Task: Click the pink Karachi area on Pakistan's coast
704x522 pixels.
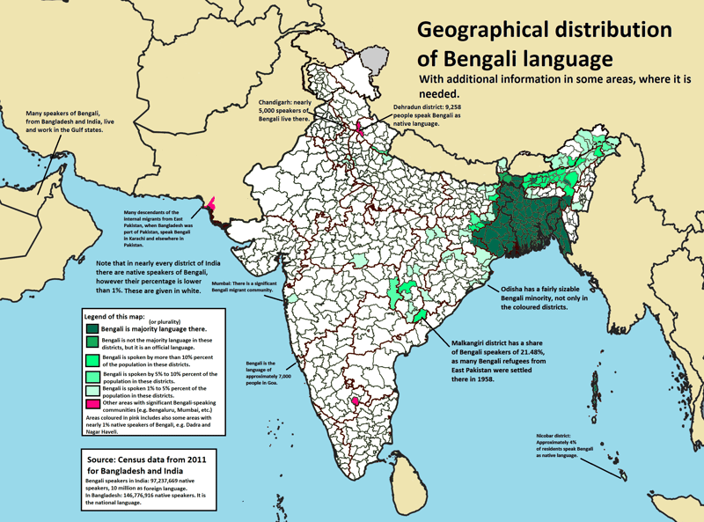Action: click(x=211, y=203)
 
